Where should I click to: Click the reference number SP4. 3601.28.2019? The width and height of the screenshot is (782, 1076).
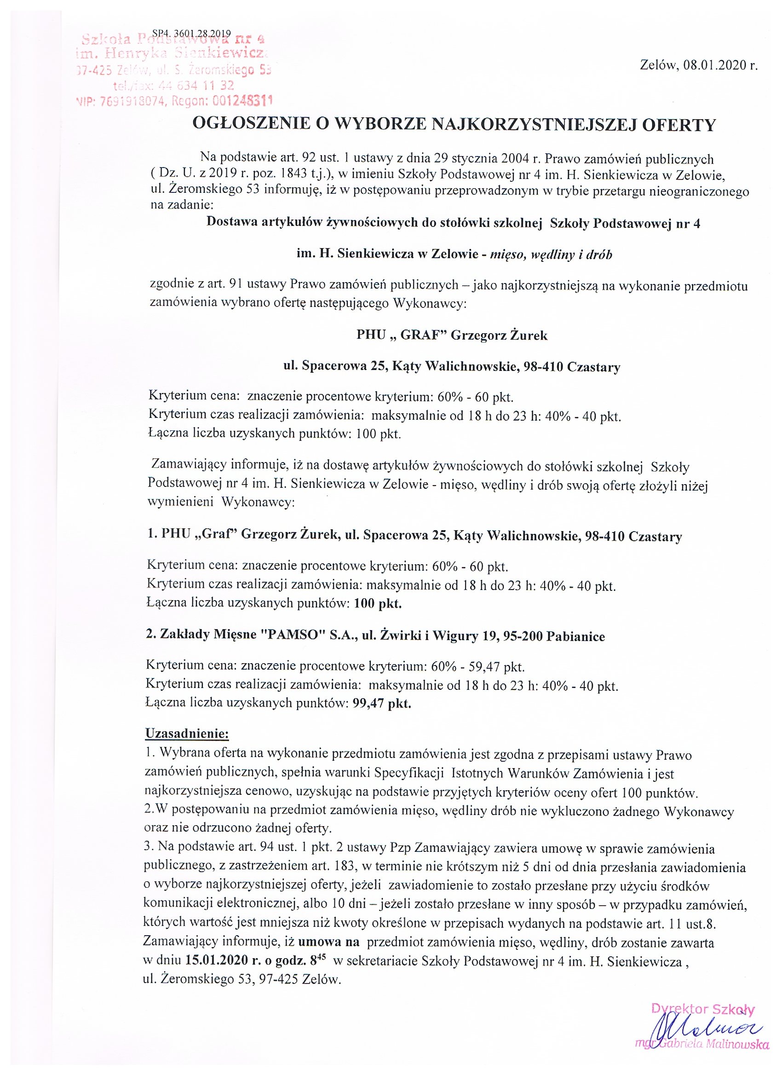(191, 34)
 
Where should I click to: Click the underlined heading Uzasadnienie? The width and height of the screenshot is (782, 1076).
(187, 734)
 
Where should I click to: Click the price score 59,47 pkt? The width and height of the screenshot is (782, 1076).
(496, 666)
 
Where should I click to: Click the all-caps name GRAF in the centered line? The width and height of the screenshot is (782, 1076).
(420, 335)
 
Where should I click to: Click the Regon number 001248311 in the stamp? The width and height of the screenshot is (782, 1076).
(242, 101)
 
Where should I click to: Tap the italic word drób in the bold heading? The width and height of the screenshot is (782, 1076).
(599, 255)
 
